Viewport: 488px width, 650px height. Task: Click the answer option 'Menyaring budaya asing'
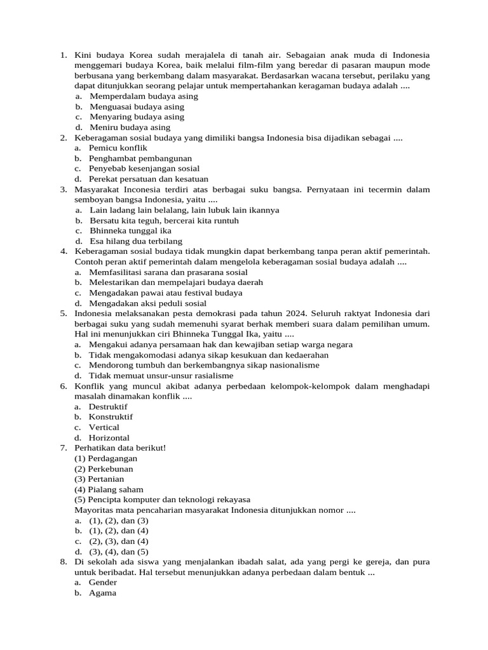coord(137,117)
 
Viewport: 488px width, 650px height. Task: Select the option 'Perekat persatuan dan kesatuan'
coord(148,179)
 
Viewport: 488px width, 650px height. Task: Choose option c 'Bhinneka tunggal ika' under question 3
coord(130,230)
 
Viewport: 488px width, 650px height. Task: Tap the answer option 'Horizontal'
coord(109,438)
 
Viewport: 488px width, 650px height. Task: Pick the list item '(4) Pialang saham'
coord(109,489)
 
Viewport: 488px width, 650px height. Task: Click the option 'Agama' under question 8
coord(102,593)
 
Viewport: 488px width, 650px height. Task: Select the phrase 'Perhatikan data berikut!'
coord(120,448)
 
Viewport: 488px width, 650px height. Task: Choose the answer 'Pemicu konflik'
coord(118,148)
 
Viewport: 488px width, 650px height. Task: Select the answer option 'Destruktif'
coord(108,407)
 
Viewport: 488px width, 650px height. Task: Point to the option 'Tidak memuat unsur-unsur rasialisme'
coord(161,376)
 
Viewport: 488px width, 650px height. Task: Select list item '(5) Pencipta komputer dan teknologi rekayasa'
coord(162,500)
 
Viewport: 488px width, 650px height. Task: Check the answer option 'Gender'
coord(103,583)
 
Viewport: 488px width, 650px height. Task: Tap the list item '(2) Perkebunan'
coord(104,469)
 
